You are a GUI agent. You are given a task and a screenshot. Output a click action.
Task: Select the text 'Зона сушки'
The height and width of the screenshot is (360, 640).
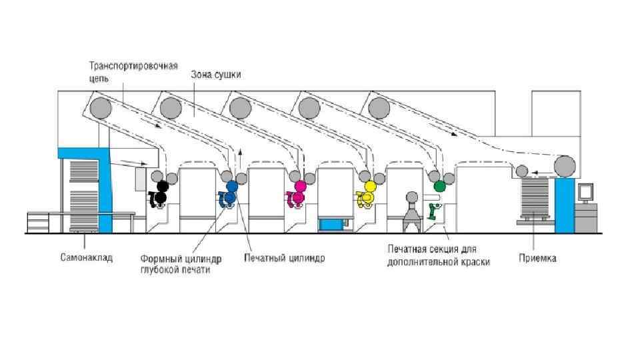pyautogui.click(x=216, y=75)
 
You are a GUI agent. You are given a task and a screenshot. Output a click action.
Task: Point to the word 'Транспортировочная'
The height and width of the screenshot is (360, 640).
pyautogui.click(x=133, y=66)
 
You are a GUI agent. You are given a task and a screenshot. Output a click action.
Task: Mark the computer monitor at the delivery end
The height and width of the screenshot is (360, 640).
pyautogui.click(x=585, y=191)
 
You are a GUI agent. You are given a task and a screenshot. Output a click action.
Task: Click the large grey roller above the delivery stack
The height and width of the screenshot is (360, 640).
pyautogui.click(x=565, y=165)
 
